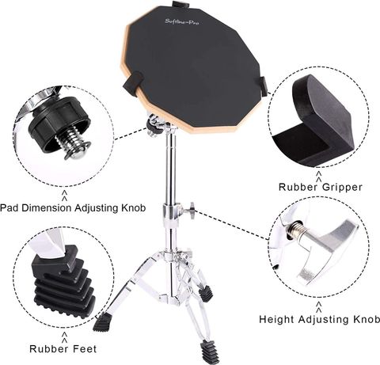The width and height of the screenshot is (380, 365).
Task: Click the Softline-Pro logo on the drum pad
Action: click(182, 21)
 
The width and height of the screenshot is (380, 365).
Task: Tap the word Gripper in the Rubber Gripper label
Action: click(342, 188)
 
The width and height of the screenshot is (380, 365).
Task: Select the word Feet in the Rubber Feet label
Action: click(84, 349)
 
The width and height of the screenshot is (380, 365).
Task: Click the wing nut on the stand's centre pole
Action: click(191, 210)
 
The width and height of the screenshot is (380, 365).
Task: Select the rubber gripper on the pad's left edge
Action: click(133, 82)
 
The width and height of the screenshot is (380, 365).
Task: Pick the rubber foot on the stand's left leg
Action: click(101, 323)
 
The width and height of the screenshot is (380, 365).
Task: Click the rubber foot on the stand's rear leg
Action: click(207, 293)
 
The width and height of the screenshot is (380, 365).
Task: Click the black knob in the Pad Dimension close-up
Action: click(59, 122)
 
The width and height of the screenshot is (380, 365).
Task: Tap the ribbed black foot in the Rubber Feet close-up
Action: click(63, 283)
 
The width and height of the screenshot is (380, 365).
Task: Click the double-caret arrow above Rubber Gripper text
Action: click(319, 177)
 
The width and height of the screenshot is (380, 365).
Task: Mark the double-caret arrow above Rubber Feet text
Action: click(64, 336)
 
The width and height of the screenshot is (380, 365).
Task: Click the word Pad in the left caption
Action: click(9, 208)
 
